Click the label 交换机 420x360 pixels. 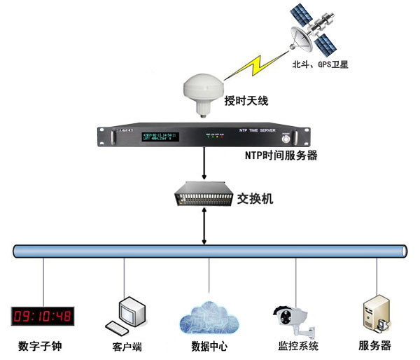coord(254,198)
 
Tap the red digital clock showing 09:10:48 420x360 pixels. coord(43,316)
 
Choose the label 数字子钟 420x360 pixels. coord(43,346)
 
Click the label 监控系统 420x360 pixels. coord(295,346)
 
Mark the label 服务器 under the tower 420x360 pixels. coord(374,345)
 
